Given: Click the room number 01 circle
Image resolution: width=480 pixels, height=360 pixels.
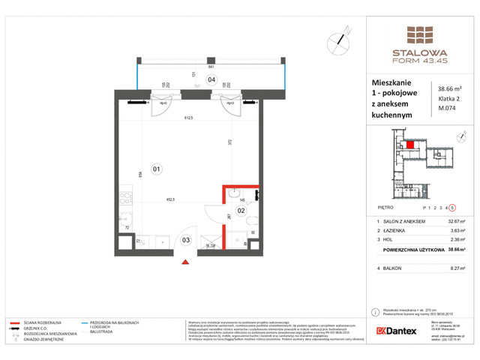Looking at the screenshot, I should tap(156, 169).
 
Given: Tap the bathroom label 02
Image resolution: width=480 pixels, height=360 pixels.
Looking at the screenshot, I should tap(241, 211).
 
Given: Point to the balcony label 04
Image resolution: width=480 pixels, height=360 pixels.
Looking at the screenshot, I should tap(211, 79).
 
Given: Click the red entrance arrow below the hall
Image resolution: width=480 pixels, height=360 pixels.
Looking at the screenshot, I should tap(186, 262).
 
